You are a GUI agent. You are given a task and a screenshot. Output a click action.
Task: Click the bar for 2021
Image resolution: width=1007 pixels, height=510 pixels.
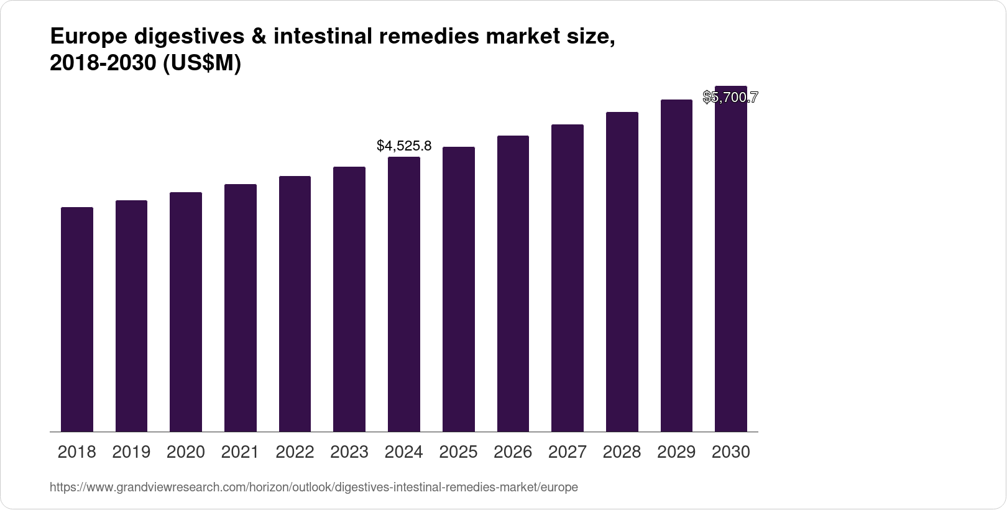click(x=241, y=308)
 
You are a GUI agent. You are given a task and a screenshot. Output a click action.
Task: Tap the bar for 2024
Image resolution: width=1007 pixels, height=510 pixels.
click(x=404, y=294)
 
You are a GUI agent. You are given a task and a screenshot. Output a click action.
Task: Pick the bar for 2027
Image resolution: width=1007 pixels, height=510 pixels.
click(x=567, y=278)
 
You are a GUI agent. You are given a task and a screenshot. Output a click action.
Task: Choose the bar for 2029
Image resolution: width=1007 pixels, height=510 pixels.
click(x=676, y=266)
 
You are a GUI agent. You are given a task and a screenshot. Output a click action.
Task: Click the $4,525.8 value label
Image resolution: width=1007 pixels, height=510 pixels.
click(x=404, y=146)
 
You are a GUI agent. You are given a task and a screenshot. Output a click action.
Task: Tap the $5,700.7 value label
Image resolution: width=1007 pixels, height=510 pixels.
click(x=730, y=97)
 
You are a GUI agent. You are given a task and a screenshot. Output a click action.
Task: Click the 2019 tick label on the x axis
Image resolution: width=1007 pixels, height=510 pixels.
click(x=131, y=452)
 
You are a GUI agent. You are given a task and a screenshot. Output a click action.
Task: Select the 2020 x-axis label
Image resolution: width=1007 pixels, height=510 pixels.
click(x=186, y=452)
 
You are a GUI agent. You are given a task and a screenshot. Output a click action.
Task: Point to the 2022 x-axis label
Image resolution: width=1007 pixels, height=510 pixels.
click(x=295, y=452)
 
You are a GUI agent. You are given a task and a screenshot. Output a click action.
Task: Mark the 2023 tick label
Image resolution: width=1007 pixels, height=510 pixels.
click(x=349, y=452)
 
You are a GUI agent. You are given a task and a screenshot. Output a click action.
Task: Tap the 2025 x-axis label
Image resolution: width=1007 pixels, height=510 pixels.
click(x=458, y=452)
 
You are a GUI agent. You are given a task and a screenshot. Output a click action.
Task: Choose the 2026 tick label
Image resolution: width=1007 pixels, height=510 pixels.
click(x=513, y=452)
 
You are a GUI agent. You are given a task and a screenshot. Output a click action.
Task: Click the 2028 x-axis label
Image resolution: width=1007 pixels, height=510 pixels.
click(x=622, y=452)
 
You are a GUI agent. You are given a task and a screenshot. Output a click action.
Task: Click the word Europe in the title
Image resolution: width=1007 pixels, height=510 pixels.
click(x=88, y=38)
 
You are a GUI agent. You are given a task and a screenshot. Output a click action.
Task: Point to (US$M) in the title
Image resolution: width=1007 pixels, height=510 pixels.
click(x=201, y=64)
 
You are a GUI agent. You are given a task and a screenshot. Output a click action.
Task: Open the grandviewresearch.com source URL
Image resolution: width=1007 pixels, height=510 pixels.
click(x=313, y=488)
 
